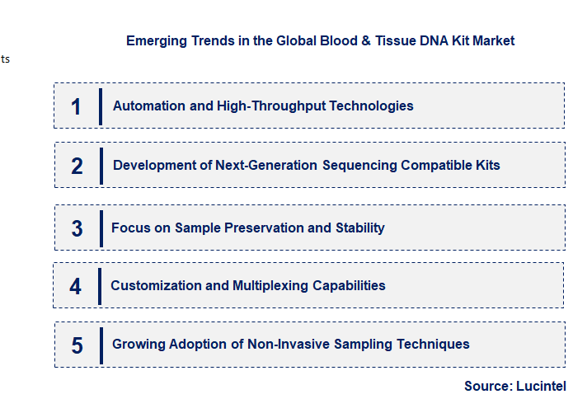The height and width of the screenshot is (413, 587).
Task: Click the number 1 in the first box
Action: (x=77, y=106)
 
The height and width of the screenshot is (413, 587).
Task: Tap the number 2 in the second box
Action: (x=77, y=166)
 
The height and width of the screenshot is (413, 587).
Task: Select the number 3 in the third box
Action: (x=77, y=228)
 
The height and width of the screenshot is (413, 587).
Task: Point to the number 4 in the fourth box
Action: (x=76, y=286)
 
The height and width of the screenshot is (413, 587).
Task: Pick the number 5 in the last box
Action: (x=77, y=345)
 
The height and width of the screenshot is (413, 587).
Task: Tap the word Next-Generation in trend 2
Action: (x=266, y=165)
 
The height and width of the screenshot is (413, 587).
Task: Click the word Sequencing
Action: (x=359, y=165)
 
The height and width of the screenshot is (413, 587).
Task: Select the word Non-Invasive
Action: (x=287, y=344)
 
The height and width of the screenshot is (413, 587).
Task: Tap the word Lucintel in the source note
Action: (x=542, y=386)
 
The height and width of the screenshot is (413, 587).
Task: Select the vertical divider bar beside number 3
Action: (x=100, y=228)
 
